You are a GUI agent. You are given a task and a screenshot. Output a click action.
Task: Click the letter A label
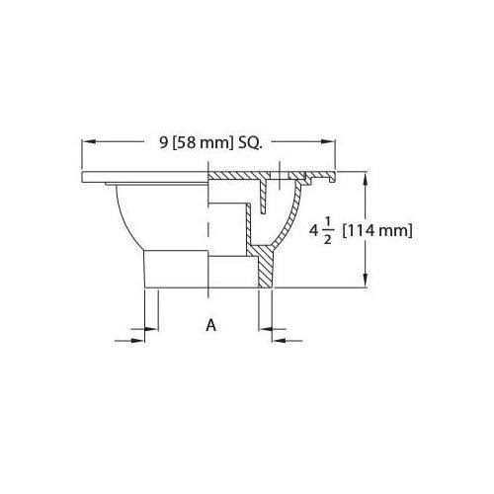click(x=210, y=324)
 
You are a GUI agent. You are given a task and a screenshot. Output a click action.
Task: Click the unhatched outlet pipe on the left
click(x=173, y=269)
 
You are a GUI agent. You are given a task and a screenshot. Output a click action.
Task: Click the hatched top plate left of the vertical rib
click(x=237, y=174)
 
